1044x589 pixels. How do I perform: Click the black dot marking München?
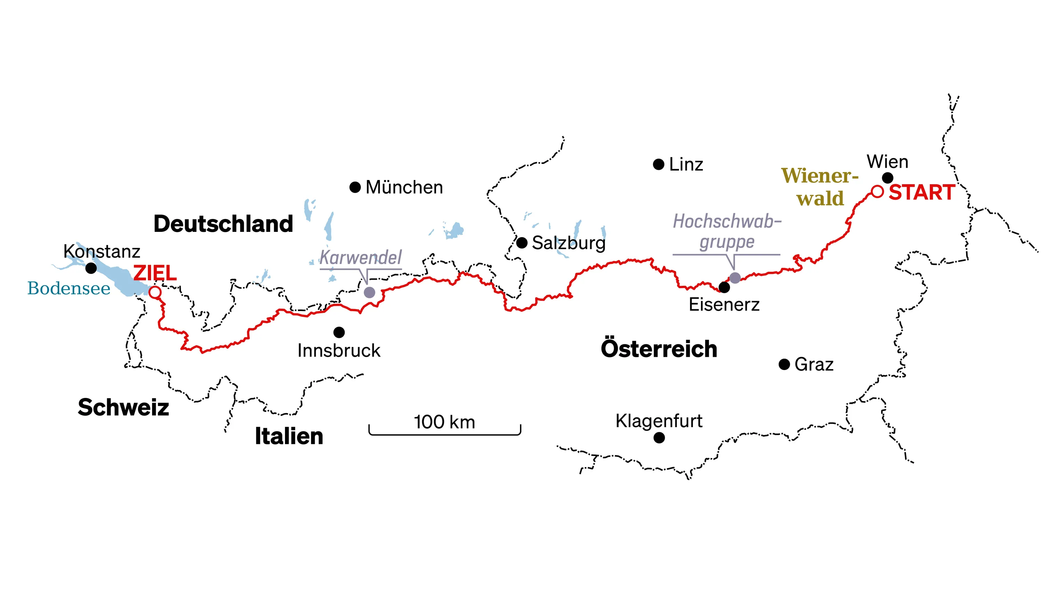pyautogui.click(x=355, y=187)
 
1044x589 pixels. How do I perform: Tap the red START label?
pyautogui.click(x=921, y=192)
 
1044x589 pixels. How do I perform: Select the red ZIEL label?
pyautogui.click(x=155, y=273)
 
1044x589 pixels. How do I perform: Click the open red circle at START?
pyautogui.click(x=877, y=191)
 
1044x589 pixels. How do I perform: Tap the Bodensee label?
pyautogui.click(x=69, y=289)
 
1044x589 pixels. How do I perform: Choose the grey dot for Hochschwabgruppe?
pyautogui.click(x=735, y=278)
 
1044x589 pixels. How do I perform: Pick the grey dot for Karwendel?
pyautogui.click(x=369, y=292)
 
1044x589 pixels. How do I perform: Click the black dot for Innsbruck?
pyautogui.click(x=339, y=332)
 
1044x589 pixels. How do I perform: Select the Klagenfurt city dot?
pyautogui.click(x=659, y=438)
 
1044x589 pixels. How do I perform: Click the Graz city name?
pyautogui.click(x=814, y=364)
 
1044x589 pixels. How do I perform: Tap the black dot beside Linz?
pyautogui.click(x=658, y=165)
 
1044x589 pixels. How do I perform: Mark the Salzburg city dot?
pyautogui.click(x=522, y=243)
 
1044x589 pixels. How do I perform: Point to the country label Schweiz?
pyautogui.click(x=123, y=407)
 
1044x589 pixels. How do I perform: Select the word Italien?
pyautogui.click(x=289, y=437)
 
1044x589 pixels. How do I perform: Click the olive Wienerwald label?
pyautogui.click(x=820, y=187)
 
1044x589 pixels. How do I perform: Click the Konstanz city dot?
pyautogui.click(x=91, y=268)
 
